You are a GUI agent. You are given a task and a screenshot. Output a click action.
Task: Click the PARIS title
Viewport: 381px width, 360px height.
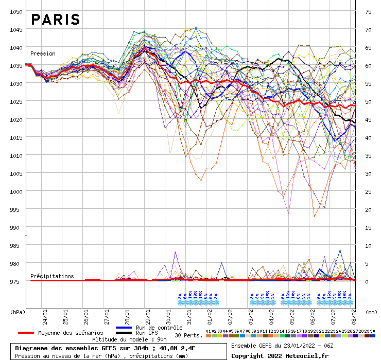coord(56,20)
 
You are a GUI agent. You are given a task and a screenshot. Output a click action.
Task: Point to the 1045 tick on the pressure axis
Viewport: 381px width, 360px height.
coord(16,29)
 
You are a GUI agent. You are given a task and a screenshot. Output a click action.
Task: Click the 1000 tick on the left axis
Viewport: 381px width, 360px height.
coord(16,191)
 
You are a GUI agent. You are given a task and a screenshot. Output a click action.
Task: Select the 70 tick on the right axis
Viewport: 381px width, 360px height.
coord(368,29)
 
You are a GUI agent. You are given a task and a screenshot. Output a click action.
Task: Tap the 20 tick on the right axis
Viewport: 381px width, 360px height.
coord(368,209)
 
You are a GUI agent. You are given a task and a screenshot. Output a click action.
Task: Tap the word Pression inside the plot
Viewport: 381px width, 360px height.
coord(43,53)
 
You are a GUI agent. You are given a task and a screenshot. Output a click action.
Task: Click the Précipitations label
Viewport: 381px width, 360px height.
coord(52,276)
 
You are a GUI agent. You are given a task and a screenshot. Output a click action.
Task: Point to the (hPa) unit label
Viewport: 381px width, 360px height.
coord(18,312)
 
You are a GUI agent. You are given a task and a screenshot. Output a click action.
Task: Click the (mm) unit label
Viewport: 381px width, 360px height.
coord(371,312)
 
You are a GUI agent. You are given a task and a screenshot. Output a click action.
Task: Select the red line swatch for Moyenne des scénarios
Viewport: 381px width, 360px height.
coord(33,333)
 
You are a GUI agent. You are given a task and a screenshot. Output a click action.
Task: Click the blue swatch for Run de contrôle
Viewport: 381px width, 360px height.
coord(124,328)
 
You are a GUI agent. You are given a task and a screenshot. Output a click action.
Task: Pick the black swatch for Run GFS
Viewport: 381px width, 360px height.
coord(124,333)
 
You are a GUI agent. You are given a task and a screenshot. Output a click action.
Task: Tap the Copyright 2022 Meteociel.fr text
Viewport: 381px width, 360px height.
coord(280,355)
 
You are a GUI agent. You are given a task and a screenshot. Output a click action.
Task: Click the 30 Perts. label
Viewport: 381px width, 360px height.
coord(189,335)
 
